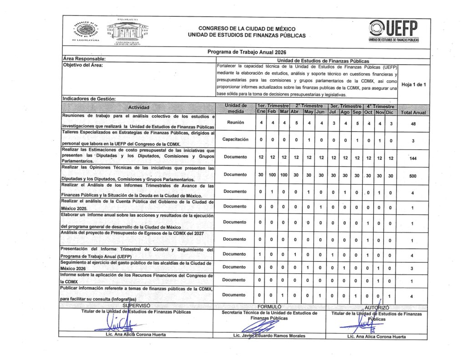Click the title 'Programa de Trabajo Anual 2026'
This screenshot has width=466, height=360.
coord(247,52)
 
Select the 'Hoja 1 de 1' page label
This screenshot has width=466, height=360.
coord(414,84)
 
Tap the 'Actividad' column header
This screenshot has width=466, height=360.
coord(139,107)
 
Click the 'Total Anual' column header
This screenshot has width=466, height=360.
coord(413,112)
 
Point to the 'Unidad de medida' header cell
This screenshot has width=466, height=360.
coord(236,108)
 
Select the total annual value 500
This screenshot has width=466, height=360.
coord(413,176)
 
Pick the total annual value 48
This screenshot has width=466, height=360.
coord(413,123)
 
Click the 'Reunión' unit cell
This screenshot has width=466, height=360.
coord(236,122)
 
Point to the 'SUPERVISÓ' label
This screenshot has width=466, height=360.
coord(136,306)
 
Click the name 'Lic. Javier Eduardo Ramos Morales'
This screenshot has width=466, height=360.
coord(269,336)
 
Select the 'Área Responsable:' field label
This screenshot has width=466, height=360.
coord(84,59)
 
